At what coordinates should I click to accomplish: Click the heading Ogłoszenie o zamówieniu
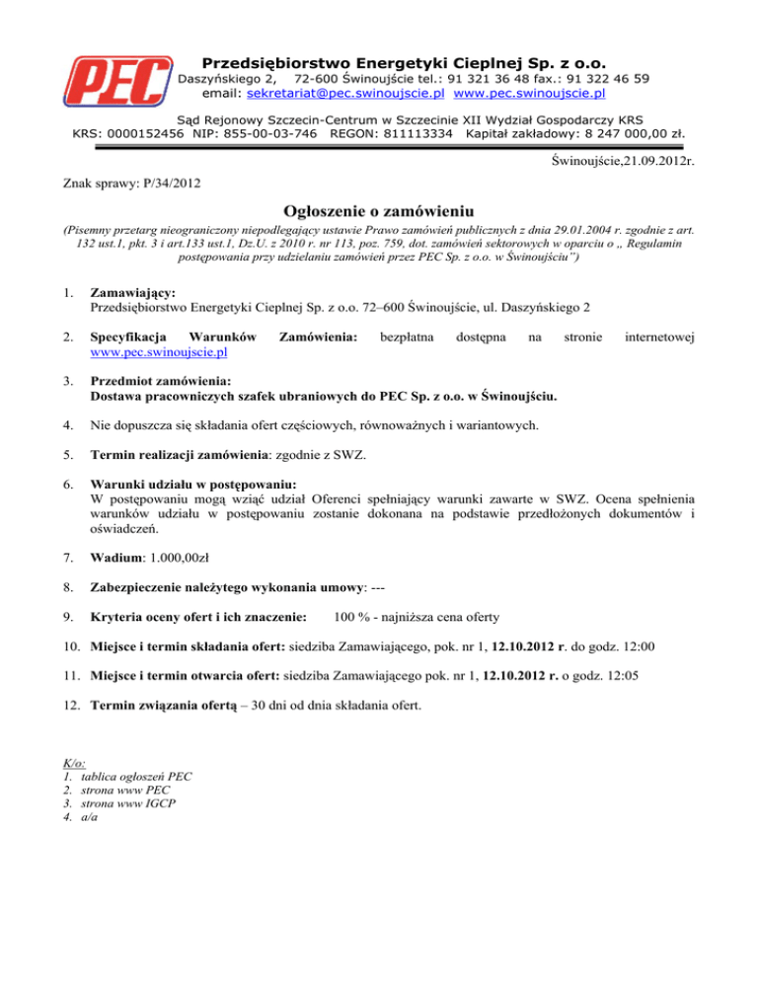point(379,211)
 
